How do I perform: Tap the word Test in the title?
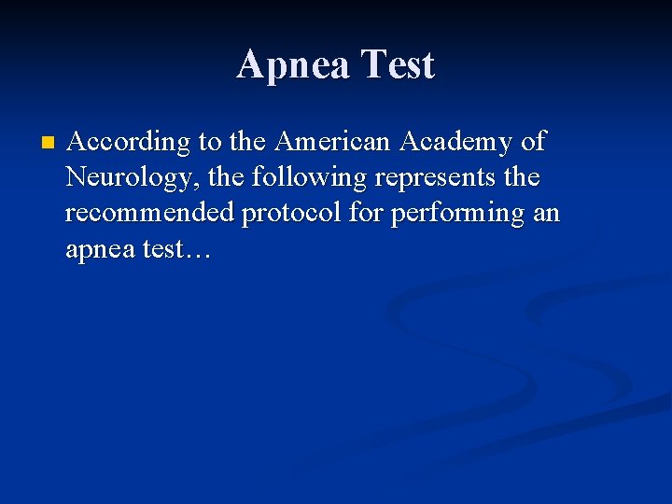[398, 65]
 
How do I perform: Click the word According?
[129, 143]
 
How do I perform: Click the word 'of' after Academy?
[533, 142]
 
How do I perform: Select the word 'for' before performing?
[368, 213]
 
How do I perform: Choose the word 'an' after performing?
[545, 214]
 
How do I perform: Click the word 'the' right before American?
[247, 142]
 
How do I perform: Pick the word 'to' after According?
[210, 143]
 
